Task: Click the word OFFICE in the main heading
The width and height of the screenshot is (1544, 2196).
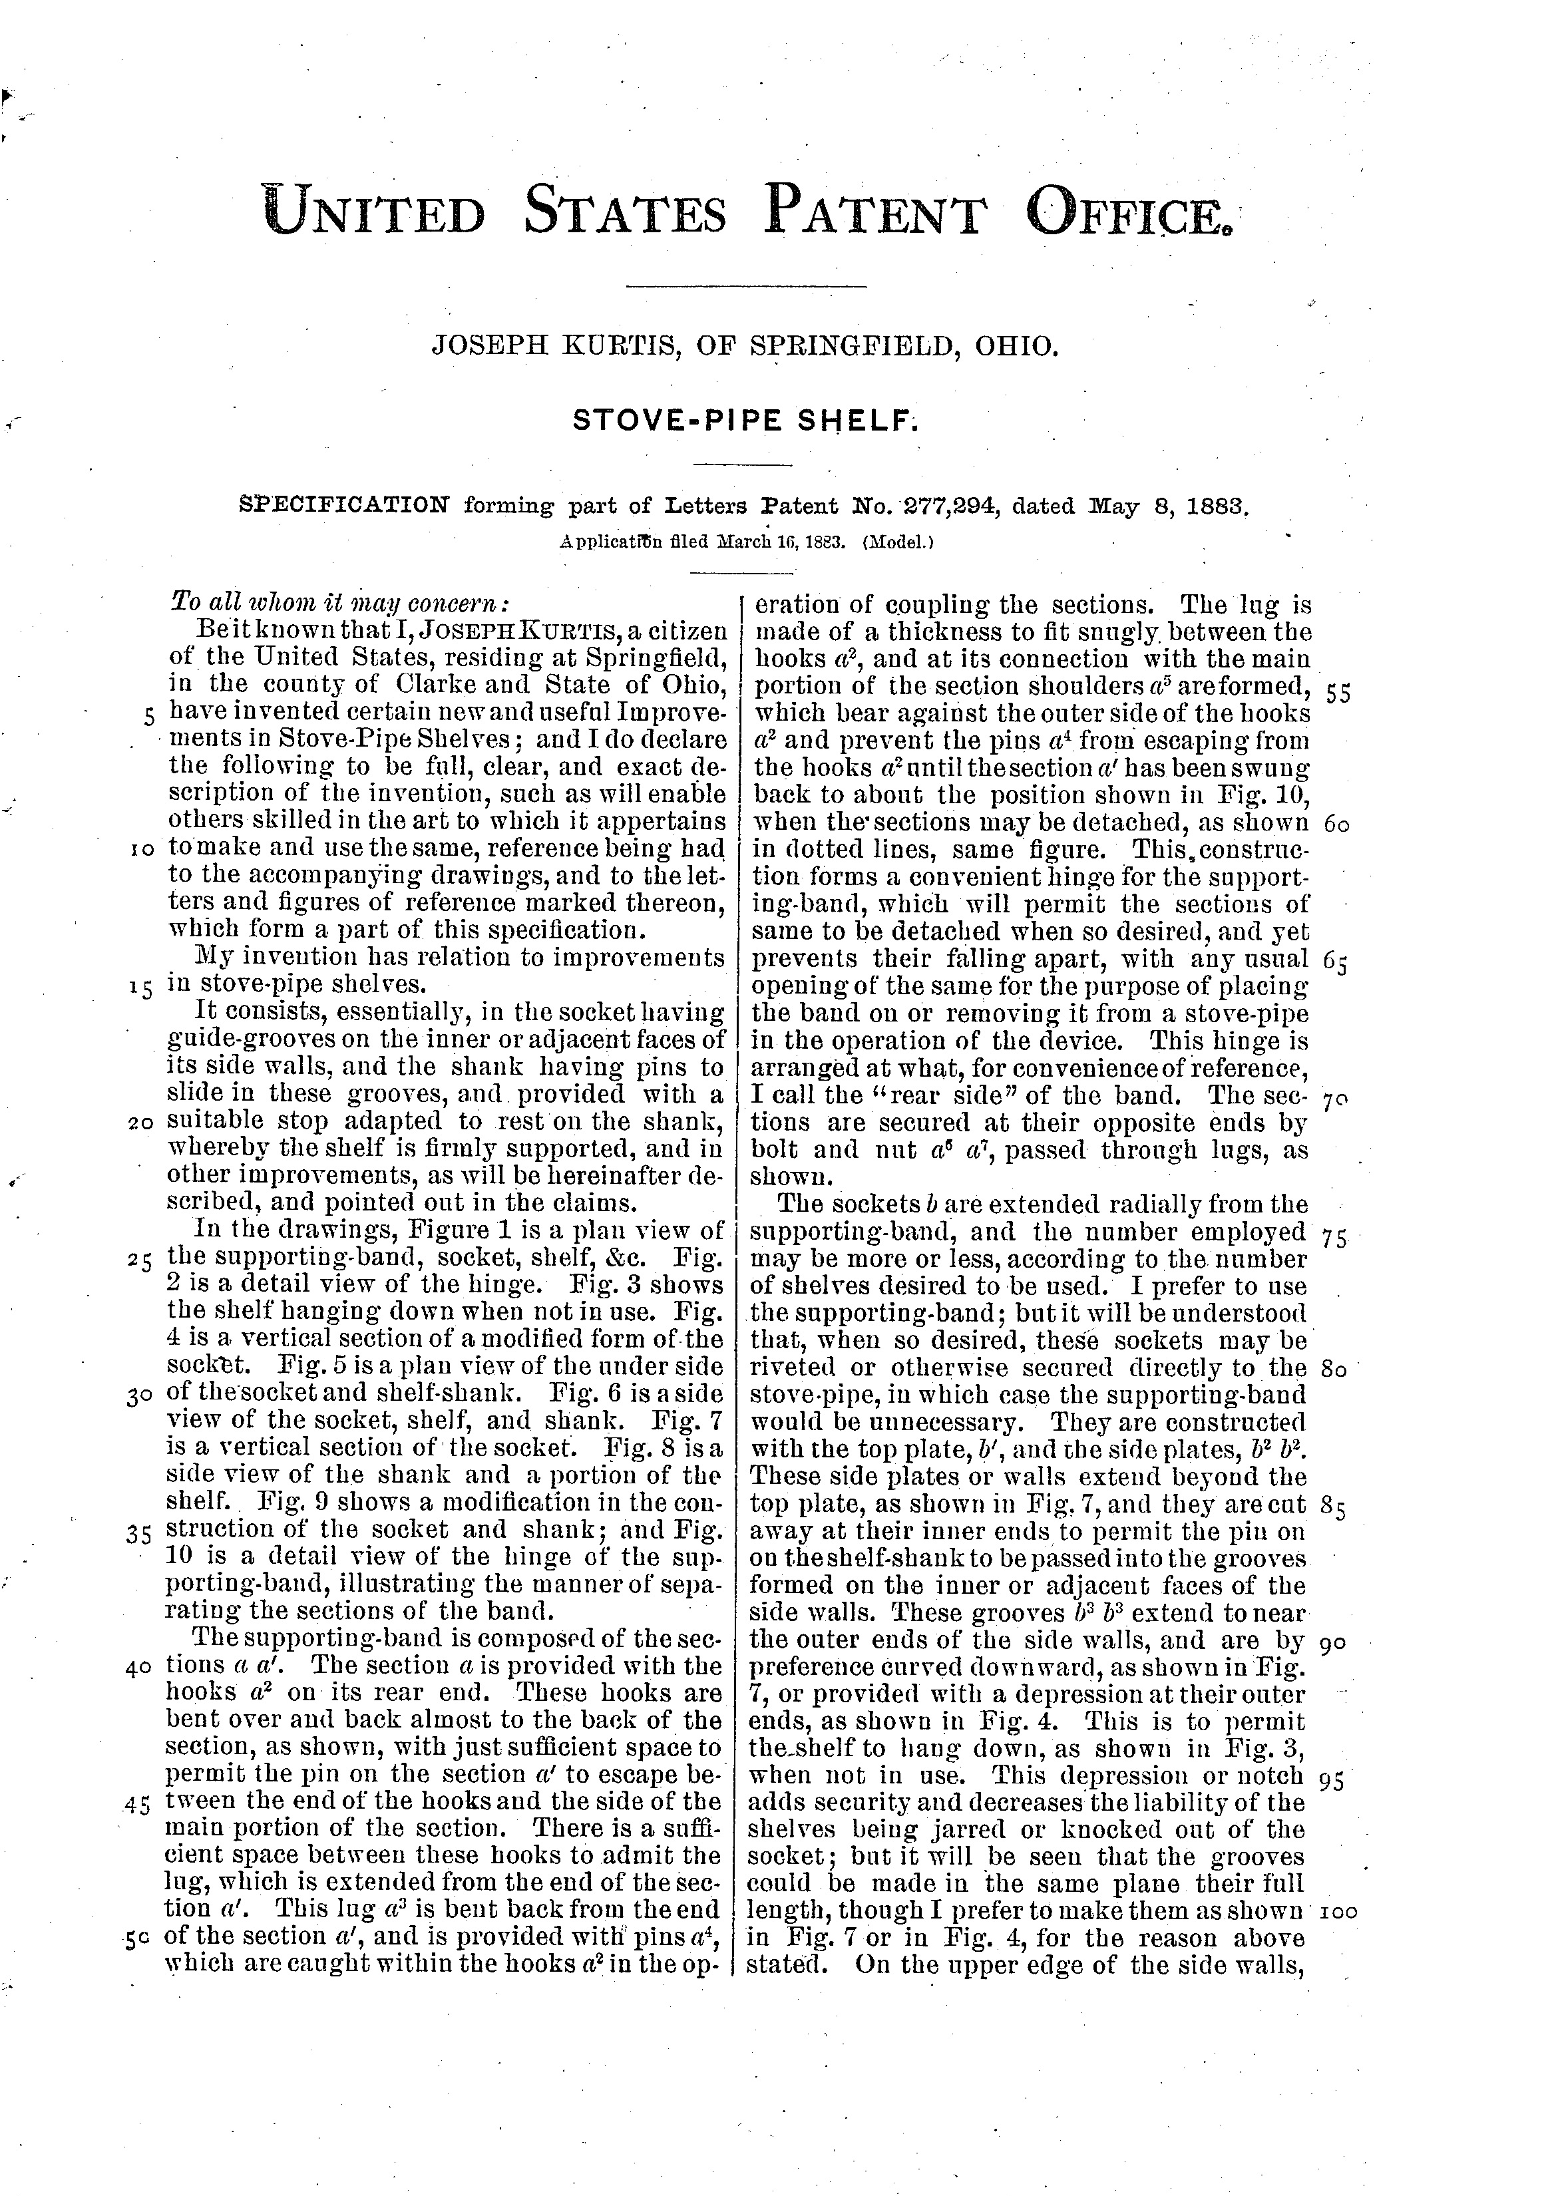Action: [1128, 212]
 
